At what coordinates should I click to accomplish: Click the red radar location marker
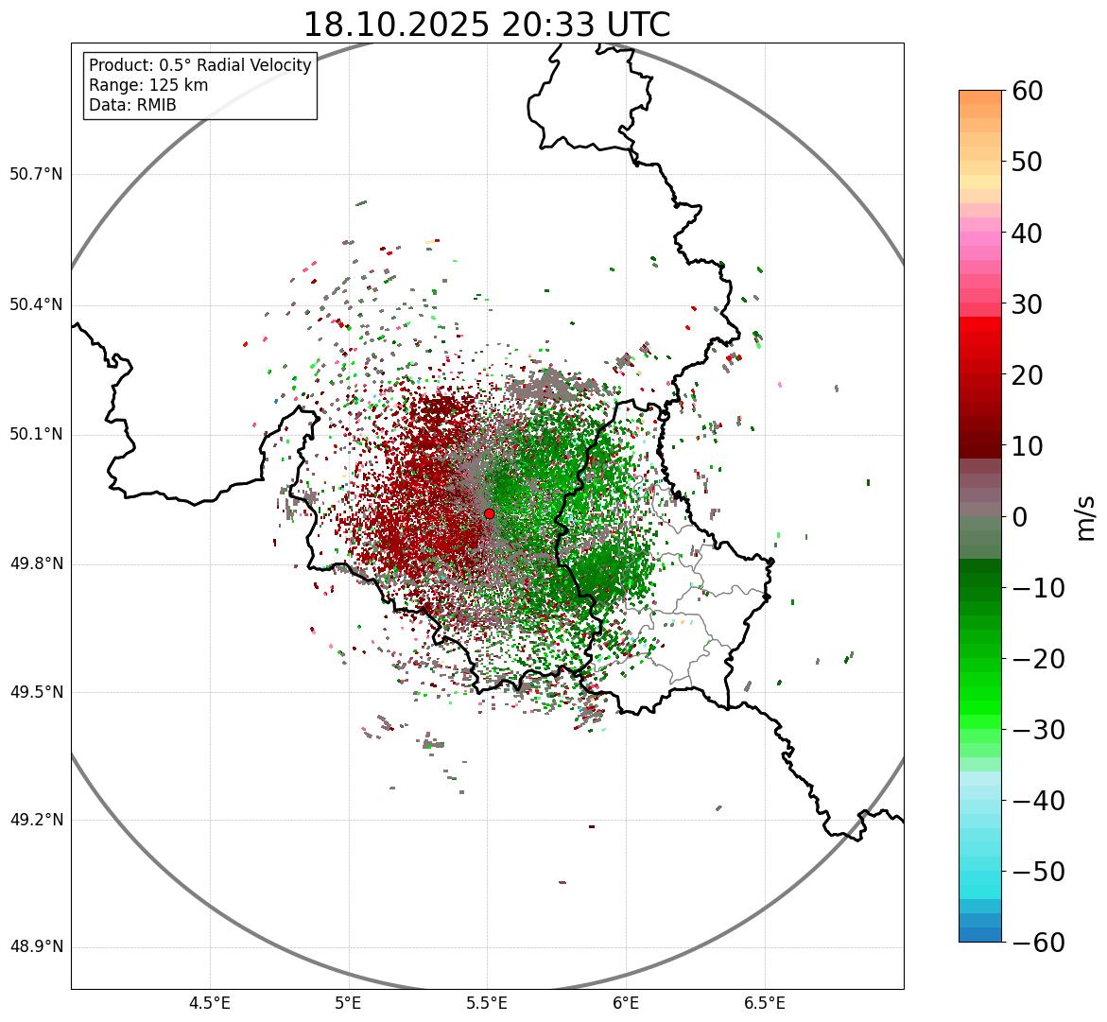(489, 513)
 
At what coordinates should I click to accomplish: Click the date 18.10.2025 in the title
(396, 25)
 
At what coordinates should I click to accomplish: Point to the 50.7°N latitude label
(36, 174)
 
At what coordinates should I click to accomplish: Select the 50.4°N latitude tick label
(36, 304)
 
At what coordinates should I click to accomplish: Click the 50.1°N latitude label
(36, 435)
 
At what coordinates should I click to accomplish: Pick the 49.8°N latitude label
(36, 564)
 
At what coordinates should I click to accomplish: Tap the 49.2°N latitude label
(36, 820)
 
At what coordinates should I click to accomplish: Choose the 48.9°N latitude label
(36, 947)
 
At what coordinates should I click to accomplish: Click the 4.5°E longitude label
(210, 1002)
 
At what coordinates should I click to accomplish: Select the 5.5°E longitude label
(487, 1002)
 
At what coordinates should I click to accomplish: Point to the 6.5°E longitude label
(764, 1002)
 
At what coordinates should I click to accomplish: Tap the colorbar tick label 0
(1021, 517)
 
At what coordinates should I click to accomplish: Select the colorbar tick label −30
(1038, 730)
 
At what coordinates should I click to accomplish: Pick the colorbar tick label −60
(1038, 943)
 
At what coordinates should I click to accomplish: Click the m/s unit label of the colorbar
(1087, 517)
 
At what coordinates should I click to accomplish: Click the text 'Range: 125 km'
(148, 85)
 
